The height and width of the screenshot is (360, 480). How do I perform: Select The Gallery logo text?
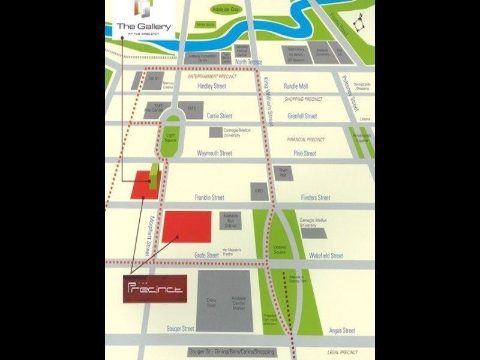[143, 26]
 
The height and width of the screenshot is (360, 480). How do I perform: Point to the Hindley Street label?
[212, 86]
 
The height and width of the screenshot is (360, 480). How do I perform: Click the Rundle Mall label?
[296, 86]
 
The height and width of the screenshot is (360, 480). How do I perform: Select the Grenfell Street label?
[302, 116]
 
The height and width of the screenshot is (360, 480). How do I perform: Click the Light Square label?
[171, 139]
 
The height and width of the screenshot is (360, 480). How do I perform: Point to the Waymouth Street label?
[214, 153]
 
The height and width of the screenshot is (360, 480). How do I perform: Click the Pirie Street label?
[305, 153]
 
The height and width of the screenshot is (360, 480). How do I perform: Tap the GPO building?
[259, 191]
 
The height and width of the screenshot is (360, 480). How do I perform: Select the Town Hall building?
[283, 173]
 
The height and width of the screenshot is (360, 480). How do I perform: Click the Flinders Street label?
[316, 197]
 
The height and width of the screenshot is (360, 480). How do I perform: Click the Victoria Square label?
[280, 249]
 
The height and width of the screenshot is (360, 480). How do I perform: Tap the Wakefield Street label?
[326, 256]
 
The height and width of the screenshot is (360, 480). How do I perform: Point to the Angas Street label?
[342, 331]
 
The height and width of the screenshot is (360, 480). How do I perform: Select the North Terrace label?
[249, 62]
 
